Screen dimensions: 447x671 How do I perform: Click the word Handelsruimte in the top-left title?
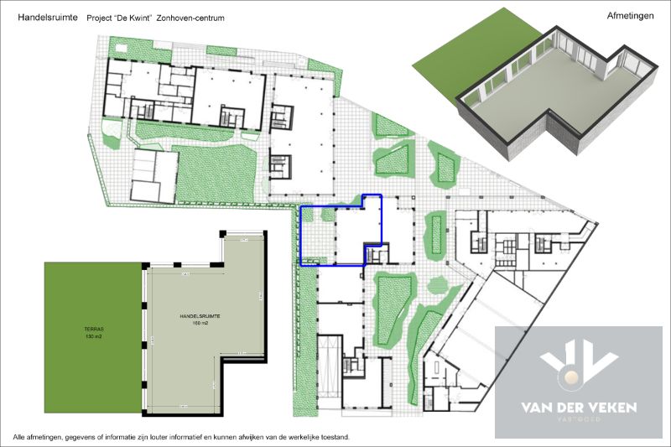(x=42, y=17)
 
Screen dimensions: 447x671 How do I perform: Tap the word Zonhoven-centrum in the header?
(x=194, y=17)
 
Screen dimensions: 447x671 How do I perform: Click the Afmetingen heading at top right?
(x=630, y=15)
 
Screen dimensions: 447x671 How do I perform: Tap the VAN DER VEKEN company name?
(x=578, y=408)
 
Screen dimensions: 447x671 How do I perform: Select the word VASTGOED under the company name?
(x=579, y=422)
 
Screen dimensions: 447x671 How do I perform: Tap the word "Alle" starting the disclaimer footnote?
(x=19, y=437)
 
